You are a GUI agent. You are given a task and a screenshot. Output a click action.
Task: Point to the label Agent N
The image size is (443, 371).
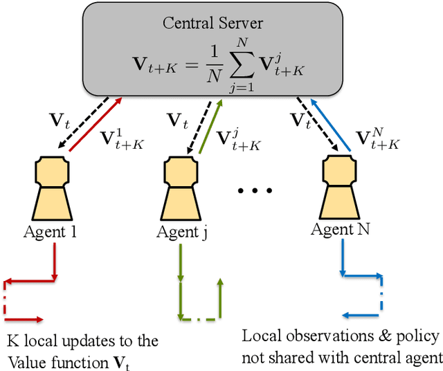(341, 230)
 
